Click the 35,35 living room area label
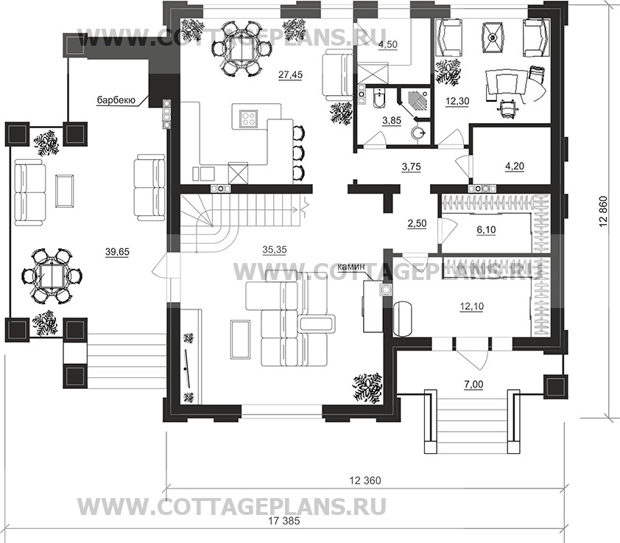point(274,250)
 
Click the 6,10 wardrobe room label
point(487,230)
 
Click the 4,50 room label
point(388,44)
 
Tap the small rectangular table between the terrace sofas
point(64,189)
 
